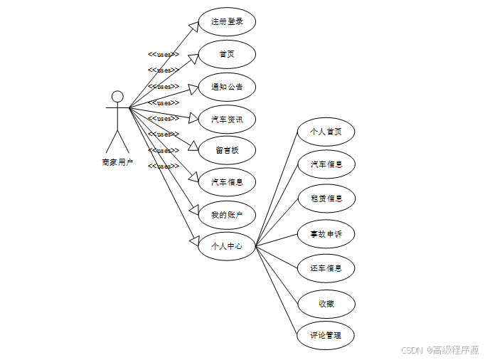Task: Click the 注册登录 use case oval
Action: [227, 22]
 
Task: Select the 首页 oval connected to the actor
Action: [227, 54]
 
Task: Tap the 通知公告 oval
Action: [227, 87]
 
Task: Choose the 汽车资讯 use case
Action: [227, 119]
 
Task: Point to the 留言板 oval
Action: [227, 151]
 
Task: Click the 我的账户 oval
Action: [227, 214]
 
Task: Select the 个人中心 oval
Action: [227, 246]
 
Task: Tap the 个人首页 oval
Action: [326, 132]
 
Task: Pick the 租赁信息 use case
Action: [326, 198]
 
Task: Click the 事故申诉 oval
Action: [326, 233]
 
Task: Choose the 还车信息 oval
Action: [326, 268]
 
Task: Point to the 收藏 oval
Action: [326, 304]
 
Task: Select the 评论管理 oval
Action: [326, 335]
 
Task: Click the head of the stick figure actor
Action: [117, 97]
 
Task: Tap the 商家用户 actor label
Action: [117, 162]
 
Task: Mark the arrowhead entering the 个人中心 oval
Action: [193, 240]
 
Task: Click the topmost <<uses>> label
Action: [163, 54]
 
